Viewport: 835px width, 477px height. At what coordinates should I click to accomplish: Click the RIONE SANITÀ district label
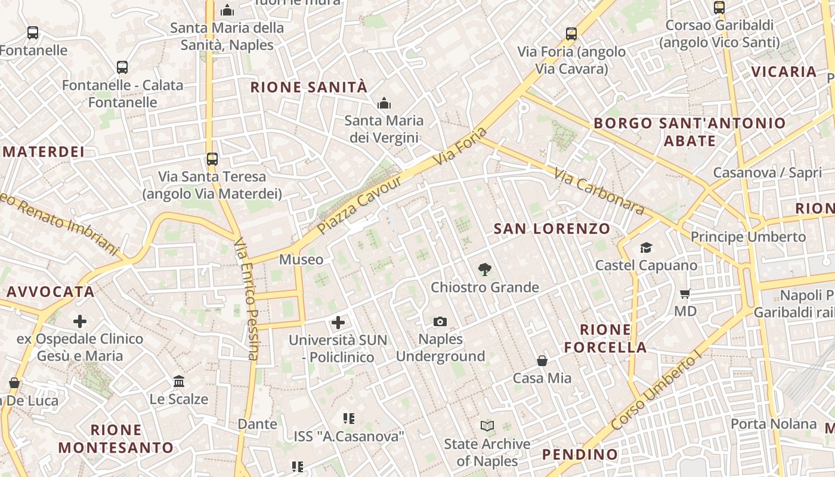coord(308,87)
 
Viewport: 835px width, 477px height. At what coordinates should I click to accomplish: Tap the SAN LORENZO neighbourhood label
coord(552,228)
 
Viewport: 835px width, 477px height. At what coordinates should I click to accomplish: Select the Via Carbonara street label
coord(599,191)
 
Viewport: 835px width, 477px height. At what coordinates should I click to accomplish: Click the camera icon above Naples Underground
coord(440,322)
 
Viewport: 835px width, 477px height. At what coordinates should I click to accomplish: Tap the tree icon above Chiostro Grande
coord(485,270)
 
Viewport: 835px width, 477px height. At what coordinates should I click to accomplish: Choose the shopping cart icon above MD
coord(685,293)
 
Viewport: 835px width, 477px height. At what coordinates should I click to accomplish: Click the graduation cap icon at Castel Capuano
coord(646,247)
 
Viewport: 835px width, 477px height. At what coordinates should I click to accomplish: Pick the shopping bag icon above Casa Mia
coord(542,360)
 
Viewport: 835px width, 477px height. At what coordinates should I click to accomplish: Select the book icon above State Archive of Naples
coord(487,426)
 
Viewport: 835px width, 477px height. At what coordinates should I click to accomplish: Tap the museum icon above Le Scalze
coord(179,381)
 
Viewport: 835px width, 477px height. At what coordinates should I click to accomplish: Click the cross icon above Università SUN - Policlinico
coord(338,323)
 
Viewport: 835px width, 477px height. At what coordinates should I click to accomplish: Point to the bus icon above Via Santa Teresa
coord(212,159)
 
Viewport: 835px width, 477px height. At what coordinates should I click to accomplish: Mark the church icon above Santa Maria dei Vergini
coord(384,103)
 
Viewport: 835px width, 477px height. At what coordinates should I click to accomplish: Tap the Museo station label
coord(301,259)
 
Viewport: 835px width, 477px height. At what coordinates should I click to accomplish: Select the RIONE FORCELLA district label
coord(605,338)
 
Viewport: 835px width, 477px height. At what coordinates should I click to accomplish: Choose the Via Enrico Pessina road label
coord(246,298)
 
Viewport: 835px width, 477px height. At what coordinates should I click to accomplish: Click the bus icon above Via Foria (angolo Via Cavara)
coord(571,34)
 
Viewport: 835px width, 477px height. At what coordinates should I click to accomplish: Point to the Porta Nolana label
coord(774,424)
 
